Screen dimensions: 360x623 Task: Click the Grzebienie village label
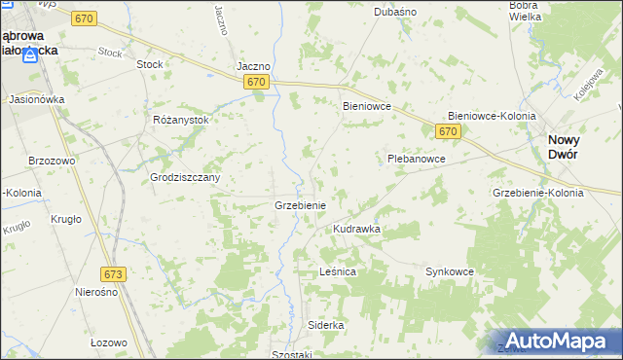pos(306,206)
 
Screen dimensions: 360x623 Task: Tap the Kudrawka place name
pos(356,229)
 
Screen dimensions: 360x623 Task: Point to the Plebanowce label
pos(416,158)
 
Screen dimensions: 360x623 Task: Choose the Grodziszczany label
pos(185,178)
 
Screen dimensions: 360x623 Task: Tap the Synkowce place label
pos(449,271)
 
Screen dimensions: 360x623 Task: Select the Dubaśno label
pos(395,12)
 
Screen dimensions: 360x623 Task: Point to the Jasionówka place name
pos(36,99)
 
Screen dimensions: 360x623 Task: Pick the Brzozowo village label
pos(53,160)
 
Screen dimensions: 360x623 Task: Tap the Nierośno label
pos(96,292)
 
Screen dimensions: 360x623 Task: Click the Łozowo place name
pos(108,342)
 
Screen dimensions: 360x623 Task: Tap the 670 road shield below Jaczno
pos(256,83)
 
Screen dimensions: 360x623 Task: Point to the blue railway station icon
pos(33,54)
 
